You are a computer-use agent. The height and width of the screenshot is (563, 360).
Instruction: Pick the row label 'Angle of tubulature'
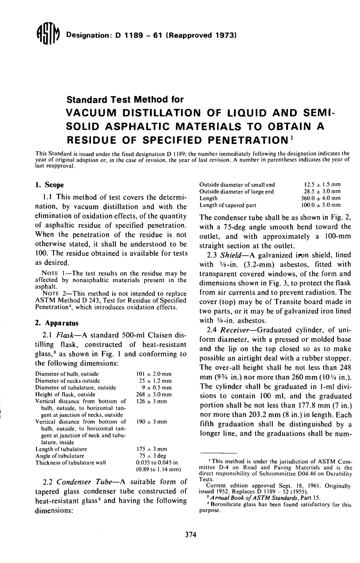pyautogui.click(x=60, y=456)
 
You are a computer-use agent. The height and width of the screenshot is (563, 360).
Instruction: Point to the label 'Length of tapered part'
pyautogui.click(x=228, y=205)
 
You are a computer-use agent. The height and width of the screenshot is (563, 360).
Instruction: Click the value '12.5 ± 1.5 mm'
pyautogui.click(x=320, y=185)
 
